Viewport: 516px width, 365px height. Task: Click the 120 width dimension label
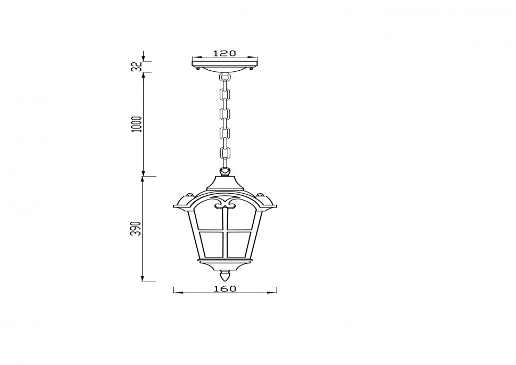click(224, 53)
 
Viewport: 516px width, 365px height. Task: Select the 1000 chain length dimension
click(137, 125)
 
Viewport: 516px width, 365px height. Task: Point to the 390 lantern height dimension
click(137, 228)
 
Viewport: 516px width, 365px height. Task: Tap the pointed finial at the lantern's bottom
click(225, 277)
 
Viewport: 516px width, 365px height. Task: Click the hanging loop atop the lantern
click(226, 172)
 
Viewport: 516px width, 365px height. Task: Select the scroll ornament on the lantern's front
click(226, 203)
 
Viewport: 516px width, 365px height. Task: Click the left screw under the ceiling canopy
click(198, 68)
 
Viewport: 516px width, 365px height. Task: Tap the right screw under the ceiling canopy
click(252, 68)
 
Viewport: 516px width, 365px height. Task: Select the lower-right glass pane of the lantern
click(240, 243)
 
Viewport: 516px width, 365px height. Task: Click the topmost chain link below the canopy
click(224, 79)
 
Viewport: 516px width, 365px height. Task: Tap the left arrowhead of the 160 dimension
click(176, 292)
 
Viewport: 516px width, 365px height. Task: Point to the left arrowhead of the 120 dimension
click(194, 57)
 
